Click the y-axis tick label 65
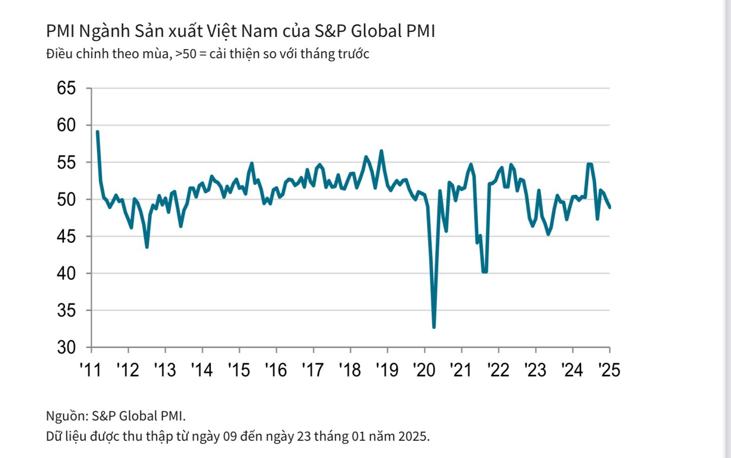pyautogui.click(x=66, y=88)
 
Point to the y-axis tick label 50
pyautogui.click(x=66, y=199)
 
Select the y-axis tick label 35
pyautogui.click(x=66, y=310)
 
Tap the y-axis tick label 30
pyautogui.click(x=66, y=348)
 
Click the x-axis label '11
pyautogui.click(x=91, y=370)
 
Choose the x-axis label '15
pyautogui.click(x=239, y=370)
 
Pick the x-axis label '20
pyautogui.click(x=424, y=370)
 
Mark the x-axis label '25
pyautogui.click(x=609, y=370)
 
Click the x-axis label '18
pyautogui.click(x=350, y=370)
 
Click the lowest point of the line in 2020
pyautogui.click(x=434, y=327)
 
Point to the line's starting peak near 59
pyautogui.click(x=97, y=132)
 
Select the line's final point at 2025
pyautogui.click(x=609, y=207)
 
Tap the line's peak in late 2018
pyautogui.click(x=381, y=150)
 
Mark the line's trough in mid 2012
pyautogui.click(x=147, y=247)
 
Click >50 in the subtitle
pyautogui.click(x=185, y=54)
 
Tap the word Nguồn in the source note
pyautogui.click(x=66, y=416)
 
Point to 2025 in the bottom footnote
pyautogui.click(x=413, y=436)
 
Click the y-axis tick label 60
pyautogui.click(x=66, y=125)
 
